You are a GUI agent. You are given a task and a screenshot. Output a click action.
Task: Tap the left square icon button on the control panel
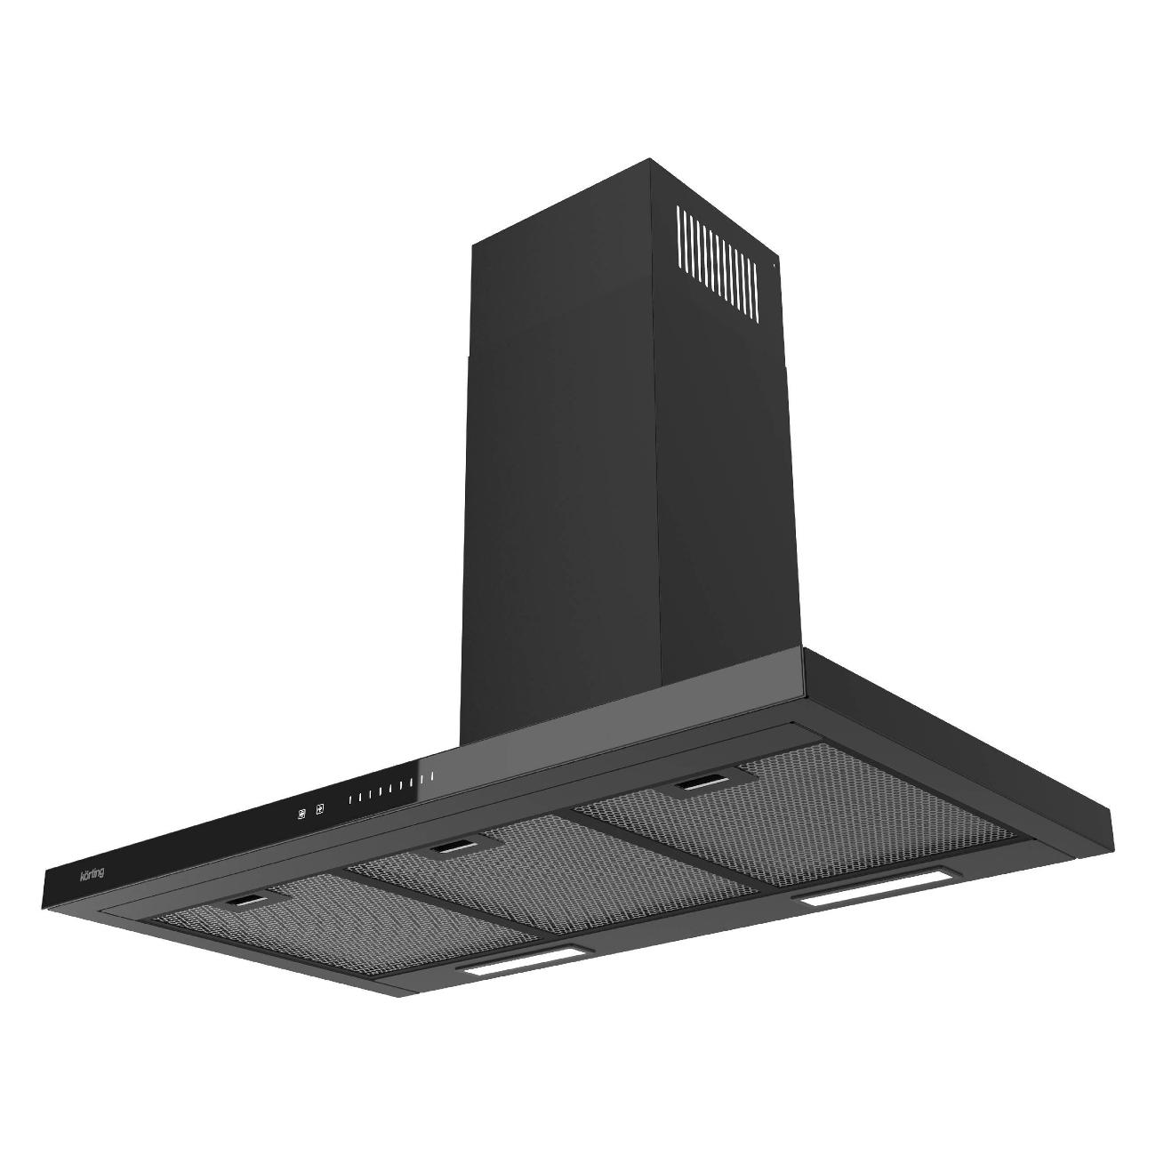301,814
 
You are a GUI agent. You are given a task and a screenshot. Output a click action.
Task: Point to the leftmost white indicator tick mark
351,799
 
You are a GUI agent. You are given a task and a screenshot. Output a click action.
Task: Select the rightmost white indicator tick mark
431,777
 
